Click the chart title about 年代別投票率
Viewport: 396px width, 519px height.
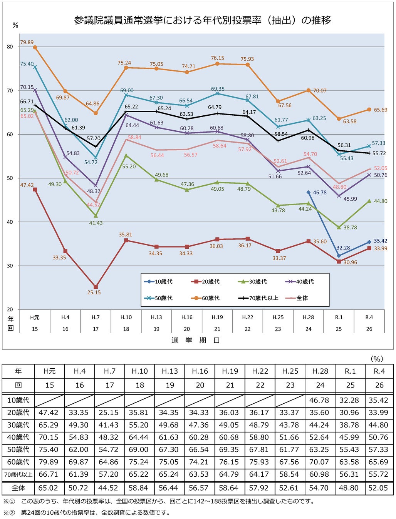coord(202,20)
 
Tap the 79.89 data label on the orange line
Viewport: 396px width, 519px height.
coord(27,42)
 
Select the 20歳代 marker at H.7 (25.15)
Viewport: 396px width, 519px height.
coord(96,287)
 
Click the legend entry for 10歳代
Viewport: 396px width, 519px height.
coord(158,281)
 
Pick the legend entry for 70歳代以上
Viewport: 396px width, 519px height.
coord(258,298)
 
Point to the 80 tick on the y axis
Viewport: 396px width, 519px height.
coord(10,47)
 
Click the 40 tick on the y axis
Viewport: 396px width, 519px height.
coord(10,222)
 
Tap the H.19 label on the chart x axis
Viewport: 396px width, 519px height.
coord(217,317)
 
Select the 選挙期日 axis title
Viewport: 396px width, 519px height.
coord(196,340)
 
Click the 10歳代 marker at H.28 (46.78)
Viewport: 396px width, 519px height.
coord(309,192)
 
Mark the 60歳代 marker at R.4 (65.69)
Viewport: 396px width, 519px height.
coord(369,110)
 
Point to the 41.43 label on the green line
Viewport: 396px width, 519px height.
coord(96,223)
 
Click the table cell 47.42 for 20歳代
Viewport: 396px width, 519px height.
coord(49,413)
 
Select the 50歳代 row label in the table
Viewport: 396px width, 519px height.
coord(18,449)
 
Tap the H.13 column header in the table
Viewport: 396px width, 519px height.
coord(170,371)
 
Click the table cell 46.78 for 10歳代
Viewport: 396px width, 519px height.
coord(319,400)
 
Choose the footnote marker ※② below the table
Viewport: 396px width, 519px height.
coord(9,512)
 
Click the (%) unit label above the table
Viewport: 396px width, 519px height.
coord(377,359)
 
